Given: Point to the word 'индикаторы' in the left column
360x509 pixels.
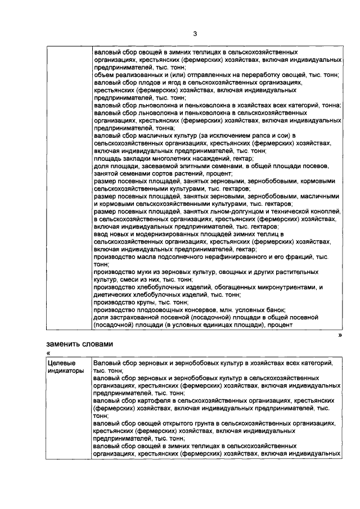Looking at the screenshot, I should tap(65, 371).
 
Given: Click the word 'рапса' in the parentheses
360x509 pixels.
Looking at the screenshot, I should tap(242, 136).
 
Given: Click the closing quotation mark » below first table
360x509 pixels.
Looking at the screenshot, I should tap(339, 334).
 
